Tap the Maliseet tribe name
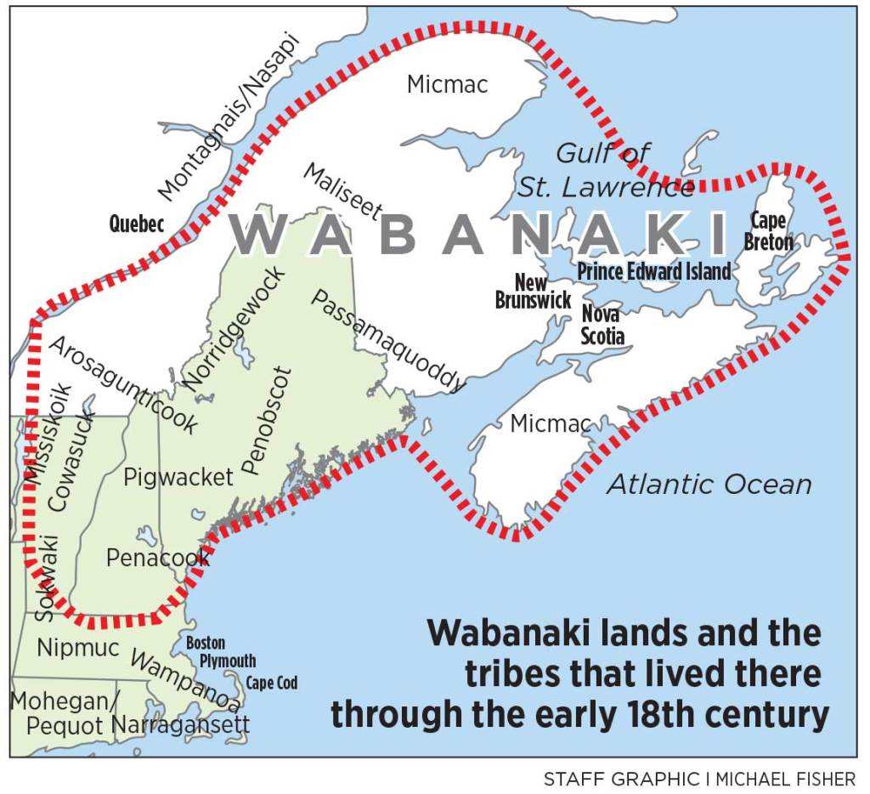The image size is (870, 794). (x=342, y=192)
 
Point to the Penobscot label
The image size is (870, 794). (x=267, y=420)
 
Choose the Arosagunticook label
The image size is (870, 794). (x=122, y=385)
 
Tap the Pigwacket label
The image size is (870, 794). (x=178, y=478)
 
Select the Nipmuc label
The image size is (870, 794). (x=78, y=647)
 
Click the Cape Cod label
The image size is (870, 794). (x=272, y=683)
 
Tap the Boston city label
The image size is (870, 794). (x=206, y=644)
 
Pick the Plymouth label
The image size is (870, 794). (x=227, y=661)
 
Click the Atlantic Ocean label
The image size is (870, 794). (x=709, y=485)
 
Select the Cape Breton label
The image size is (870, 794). (x=768, y=231)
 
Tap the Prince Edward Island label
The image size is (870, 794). (x=653, y=271)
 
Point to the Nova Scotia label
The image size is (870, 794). (x=602, y=325)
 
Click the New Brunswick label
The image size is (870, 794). (x=533, y=291)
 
